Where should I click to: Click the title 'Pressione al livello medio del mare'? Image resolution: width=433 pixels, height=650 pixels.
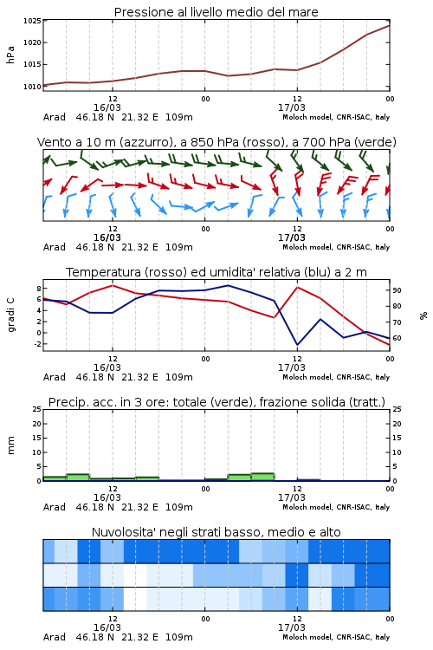pos(216,12)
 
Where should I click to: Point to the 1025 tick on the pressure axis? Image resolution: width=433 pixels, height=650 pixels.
pos(32,21)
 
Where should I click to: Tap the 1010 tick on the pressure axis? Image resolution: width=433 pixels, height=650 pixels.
pos(32,87)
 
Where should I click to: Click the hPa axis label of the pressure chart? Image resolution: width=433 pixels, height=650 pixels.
pos(10,55)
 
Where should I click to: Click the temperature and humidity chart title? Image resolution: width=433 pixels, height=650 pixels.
pos(216,272)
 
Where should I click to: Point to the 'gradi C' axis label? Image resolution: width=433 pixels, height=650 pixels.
pos(11,315)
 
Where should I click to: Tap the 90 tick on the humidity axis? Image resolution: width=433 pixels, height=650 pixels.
pos(397,290)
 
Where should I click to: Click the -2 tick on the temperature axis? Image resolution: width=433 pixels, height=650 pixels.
pos(37,344)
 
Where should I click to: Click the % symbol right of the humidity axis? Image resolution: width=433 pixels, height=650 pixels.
pos(423,315)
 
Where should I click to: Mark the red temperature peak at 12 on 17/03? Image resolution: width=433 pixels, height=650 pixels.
pos(298,287)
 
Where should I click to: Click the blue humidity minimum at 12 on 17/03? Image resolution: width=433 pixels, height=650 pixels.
pos(297,344)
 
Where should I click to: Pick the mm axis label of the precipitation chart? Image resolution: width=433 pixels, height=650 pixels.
pos(10,445)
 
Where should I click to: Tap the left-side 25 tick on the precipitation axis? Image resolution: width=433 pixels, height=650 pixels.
pos(37,409)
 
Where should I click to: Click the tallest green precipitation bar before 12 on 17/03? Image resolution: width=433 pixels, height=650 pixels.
pos(262,477)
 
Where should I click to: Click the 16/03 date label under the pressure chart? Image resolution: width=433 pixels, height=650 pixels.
pos(107,107)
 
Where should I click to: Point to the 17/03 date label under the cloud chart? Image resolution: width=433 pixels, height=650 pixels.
pos(291,627)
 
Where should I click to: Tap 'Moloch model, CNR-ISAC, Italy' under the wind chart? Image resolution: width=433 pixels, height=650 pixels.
pos(336,247)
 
